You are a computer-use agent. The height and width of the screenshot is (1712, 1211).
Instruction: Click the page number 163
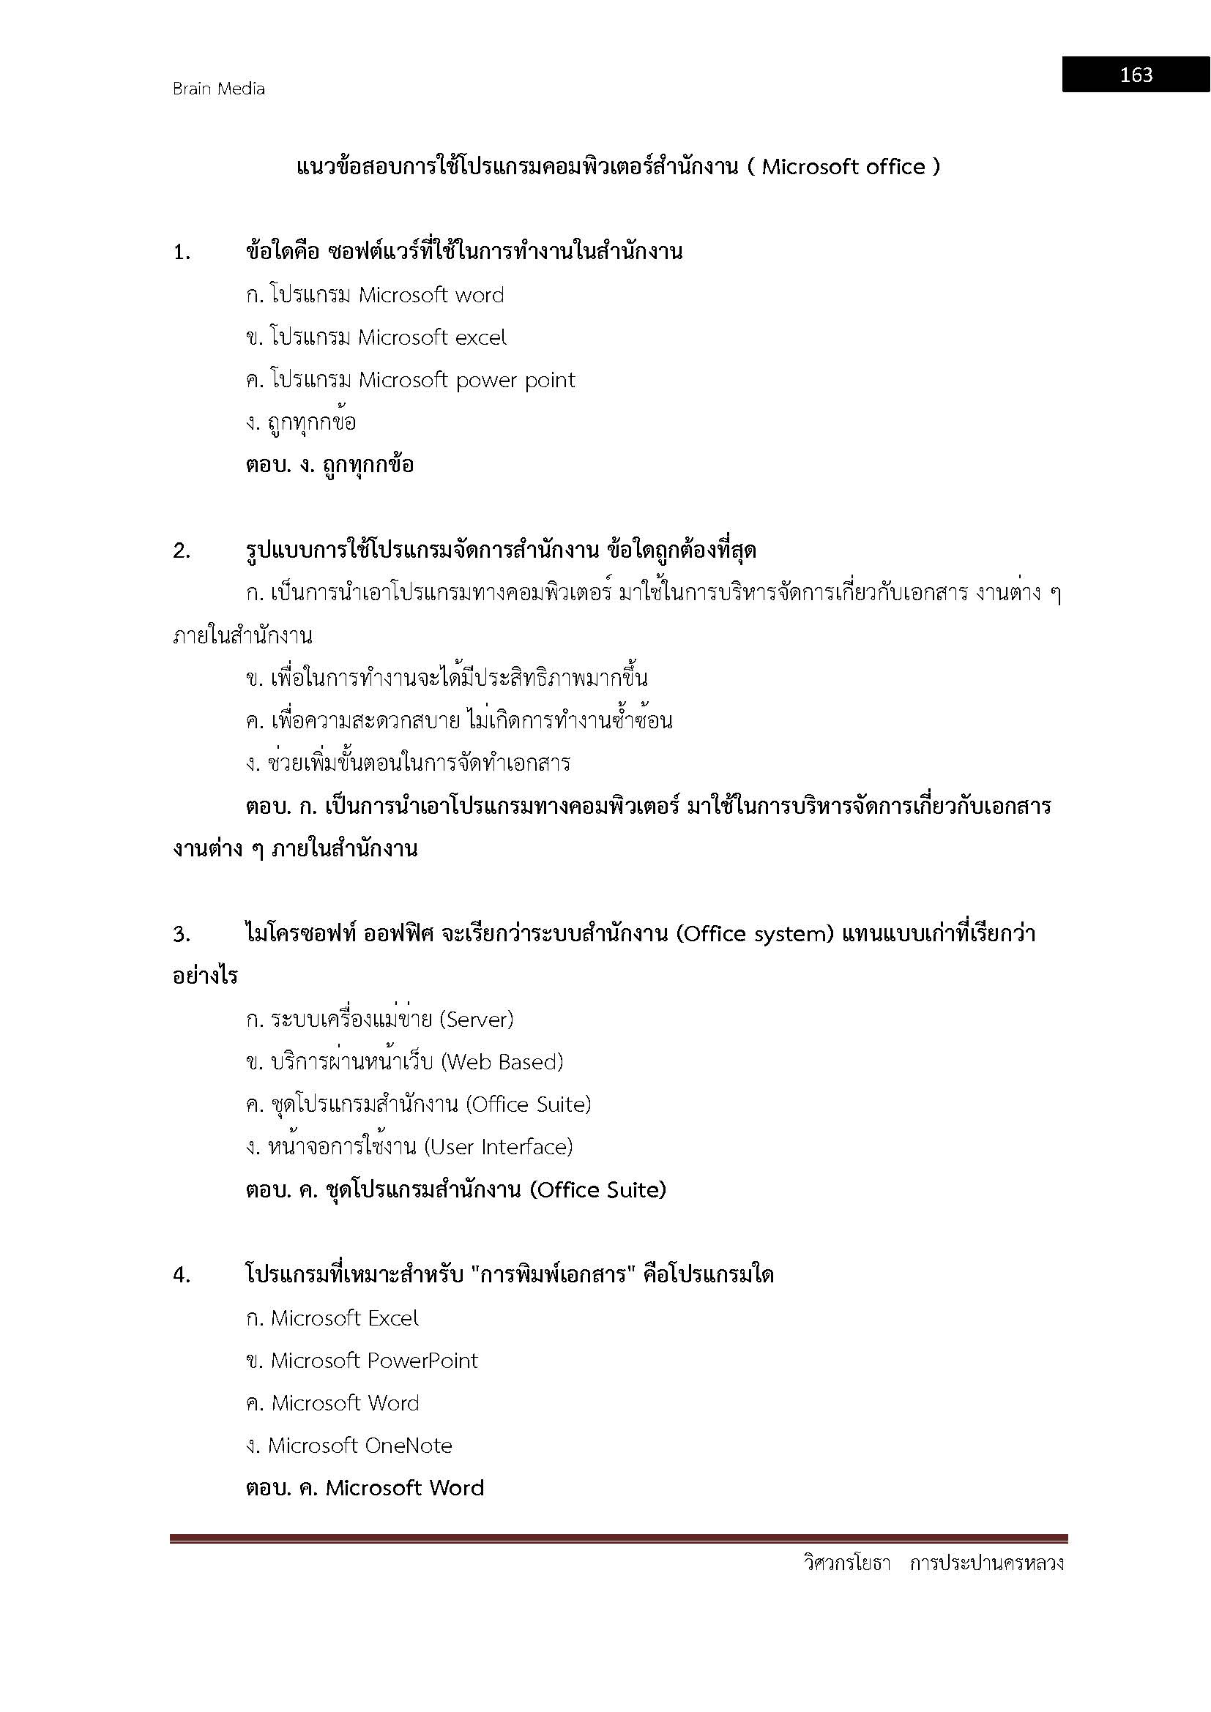pos(1136,75)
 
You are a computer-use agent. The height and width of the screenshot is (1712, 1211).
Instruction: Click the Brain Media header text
pos(218,89)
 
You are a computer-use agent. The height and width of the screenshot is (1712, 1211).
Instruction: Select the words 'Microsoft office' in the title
pos(843,167)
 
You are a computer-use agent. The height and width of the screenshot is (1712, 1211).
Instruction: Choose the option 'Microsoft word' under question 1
pos(431,295)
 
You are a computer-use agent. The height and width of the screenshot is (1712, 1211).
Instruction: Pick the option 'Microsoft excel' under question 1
pos(432,337)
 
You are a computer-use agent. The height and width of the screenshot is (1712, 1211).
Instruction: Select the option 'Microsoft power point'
pos(467,381)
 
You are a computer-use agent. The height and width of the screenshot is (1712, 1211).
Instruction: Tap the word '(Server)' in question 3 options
pos(477,1020)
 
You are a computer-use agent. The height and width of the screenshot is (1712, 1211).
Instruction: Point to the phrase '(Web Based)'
pos(502,1062)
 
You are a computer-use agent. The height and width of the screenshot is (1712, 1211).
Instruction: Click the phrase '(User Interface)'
pos(498,1147)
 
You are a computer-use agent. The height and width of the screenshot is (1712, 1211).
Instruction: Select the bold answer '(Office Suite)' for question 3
pos(597,1190)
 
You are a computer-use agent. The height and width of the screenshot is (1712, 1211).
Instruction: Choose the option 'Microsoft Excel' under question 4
pos(345,1318)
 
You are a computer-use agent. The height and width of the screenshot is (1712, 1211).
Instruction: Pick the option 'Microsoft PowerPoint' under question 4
pos(373,1361)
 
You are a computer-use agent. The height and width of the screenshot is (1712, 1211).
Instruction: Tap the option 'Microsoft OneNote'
pos(360,1446)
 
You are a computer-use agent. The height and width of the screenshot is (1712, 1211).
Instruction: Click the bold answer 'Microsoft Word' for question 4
pos(405,1488)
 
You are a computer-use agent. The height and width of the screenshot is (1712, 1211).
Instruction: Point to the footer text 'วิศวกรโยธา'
pos(847,1563)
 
